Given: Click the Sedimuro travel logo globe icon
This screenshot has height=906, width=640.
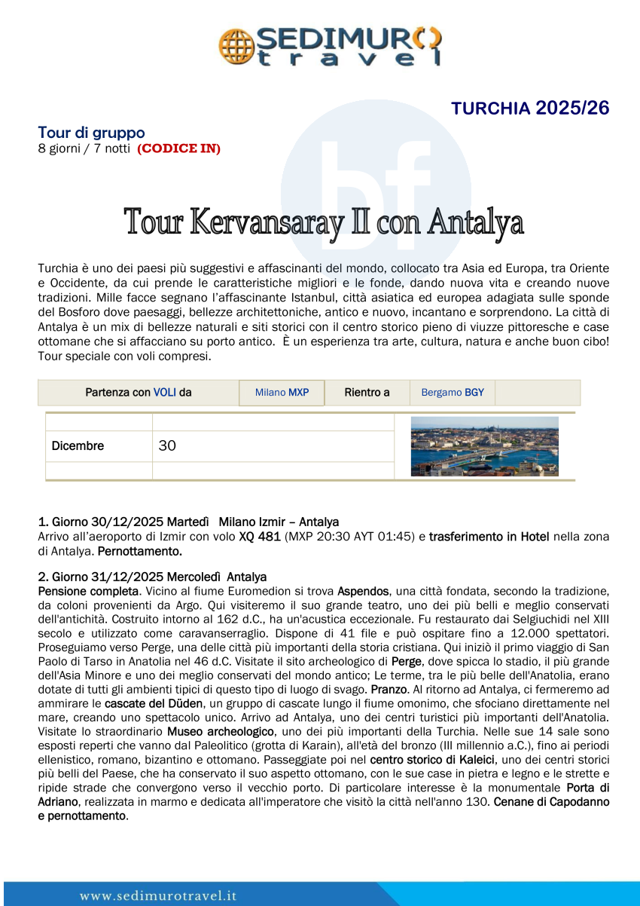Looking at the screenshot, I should pos(236,46).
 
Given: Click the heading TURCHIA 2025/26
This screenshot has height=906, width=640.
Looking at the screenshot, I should pos(530,109).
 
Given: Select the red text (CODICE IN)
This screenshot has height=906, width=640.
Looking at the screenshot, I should pos(178,148).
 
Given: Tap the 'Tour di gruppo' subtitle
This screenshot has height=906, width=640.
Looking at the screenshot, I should pos(91,133).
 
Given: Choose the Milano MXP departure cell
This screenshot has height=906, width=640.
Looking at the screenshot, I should pos(282,393).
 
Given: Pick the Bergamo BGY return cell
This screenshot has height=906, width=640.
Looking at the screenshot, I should pos(453,393).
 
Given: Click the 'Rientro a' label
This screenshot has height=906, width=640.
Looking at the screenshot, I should pos(367,393).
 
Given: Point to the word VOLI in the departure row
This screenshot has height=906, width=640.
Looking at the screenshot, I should pos(165,393).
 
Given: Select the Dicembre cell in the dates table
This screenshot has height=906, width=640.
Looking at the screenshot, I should pos(78,446).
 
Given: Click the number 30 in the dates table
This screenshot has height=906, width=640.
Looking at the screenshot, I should pos(167,446).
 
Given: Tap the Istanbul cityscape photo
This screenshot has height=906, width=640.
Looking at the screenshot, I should pos(484,446).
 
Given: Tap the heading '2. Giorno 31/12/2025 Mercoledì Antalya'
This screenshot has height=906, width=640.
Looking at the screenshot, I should pos(152,577).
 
